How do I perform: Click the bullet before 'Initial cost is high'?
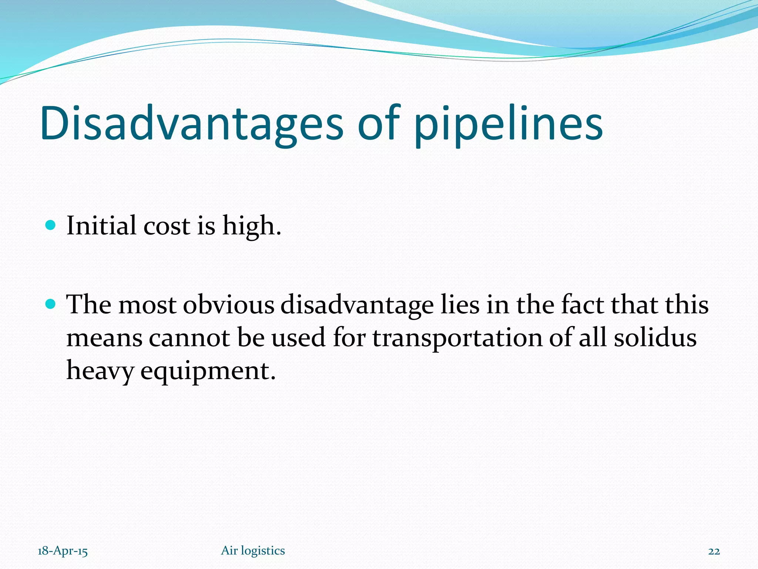point(50,225)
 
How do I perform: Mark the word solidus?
point(655,338)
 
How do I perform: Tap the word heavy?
point(100,370)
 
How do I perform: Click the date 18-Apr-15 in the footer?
point(63,551)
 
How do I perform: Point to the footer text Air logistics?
point(253,551)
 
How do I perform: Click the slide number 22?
point(714,551)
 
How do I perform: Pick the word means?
point(104,339)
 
